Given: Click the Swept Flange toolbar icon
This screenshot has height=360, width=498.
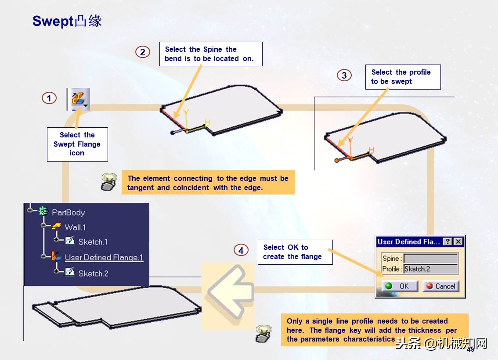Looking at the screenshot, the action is (79, 99).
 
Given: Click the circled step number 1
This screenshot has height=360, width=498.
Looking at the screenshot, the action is (49, 98).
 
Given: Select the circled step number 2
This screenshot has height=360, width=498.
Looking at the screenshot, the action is (143, 52).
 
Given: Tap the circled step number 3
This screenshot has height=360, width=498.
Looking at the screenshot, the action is (344, 75).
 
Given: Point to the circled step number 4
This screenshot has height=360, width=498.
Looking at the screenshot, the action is (241, 250).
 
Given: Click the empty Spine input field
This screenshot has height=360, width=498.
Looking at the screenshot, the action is (431, 259).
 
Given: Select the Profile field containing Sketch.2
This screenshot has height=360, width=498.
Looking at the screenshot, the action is (431, 269).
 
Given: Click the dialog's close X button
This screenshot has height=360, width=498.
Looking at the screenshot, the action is (458, 241).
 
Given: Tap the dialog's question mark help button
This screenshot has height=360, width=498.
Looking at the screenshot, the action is (447, 241).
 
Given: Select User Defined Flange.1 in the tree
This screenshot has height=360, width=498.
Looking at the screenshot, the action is (104, 257).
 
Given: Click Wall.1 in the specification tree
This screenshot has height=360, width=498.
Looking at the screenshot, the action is (75, 227).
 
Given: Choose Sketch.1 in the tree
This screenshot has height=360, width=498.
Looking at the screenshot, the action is (93, 242).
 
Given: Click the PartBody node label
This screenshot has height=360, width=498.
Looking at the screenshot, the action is (69, 212).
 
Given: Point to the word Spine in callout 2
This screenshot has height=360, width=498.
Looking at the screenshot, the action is (213, 50).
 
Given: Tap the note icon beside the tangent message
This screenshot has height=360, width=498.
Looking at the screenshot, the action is (108, 182).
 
